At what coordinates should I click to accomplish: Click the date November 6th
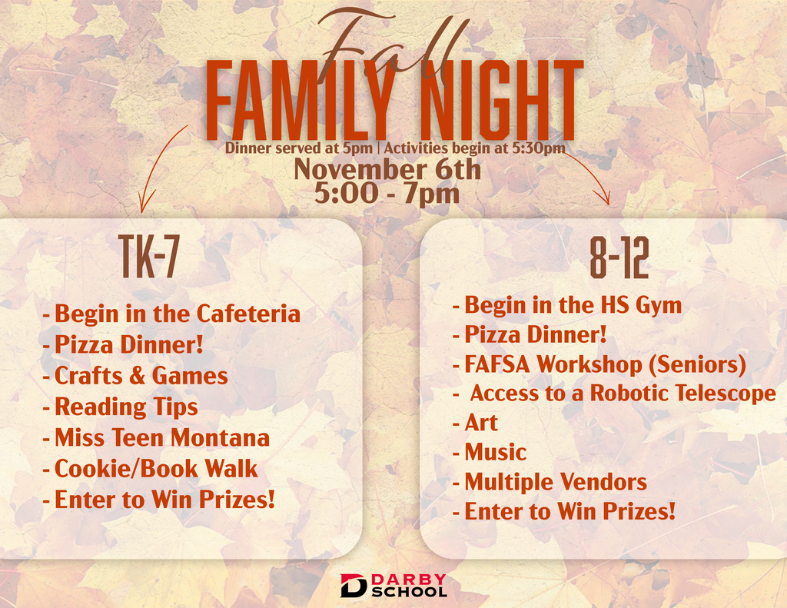tap(387, 168)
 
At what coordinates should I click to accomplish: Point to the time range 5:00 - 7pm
tap(387, 192)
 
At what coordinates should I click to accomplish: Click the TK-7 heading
tap(148, 259)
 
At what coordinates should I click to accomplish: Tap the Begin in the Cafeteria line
tap(177, 314)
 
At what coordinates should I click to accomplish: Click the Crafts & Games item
tap(141, 376)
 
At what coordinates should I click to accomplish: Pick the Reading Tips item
tap(126, 407)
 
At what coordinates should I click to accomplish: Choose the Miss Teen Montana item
tap(161, 438)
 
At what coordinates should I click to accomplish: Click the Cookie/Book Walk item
tap(156, 468)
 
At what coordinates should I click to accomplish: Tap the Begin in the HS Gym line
tap(573, 305)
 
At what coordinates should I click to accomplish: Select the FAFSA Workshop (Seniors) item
tap(605, 364)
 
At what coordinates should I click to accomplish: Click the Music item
tap(495, 452)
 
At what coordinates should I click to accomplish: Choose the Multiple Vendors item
tap(555, 483)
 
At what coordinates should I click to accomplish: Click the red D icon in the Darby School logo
tap(354, 586)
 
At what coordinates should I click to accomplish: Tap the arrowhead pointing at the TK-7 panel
tap(141, 207)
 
